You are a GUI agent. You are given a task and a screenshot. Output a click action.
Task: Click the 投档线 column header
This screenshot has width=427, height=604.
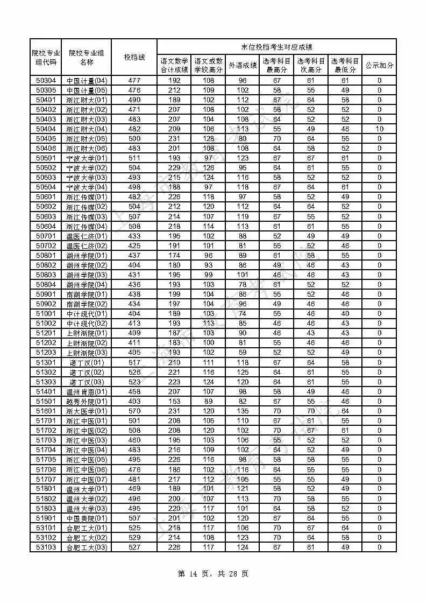(x=134, y=57)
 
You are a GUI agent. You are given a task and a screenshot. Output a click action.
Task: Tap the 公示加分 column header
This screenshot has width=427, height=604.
(x=379, y=65)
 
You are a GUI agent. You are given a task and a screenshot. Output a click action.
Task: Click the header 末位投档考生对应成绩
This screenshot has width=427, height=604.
(x=276, y=47)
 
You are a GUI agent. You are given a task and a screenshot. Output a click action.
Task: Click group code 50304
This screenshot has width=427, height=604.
(x=46, y=80)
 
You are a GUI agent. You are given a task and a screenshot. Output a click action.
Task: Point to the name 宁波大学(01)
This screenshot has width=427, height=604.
(x=87, y=158)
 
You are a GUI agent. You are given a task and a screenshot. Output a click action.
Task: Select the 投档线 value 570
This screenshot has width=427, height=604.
(x=134, y=411)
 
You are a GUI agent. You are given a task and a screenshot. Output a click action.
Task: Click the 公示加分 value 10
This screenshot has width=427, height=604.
(x=379, y=129)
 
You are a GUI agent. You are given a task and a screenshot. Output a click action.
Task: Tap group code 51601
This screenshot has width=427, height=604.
(x=46, y=411)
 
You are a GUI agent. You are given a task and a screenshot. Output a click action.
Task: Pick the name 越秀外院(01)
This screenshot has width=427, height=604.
(x=87, y=402)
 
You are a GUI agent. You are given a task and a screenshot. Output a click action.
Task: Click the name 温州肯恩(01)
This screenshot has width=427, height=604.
(x=87, y=392)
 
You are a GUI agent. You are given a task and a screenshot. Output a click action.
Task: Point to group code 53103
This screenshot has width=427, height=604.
(x=46, y=547)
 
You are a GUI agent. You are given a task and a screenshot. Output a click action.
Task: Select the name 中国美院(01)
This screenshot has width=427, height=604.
(x=87, y=518)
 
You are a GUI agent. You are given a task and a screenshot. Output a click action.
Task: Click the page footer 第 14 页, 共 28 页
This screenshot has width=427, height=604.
(x=213, y=574)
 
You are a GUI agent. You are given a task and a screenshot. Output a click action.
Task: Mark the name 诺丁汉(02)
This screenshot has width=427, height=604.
(x=87, y=373)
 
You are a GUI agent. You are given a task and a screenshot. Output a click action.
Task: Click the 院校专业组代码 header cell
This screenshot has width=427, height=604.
(x=46, y=57)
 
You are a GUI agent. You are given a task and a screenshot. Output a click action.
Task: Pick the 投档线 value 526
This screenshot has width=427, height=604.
(x=134, y=373)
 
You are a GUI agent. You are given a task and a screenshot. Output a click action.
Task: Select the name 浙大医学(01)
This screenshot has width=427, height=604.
(x=87, y=411)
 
